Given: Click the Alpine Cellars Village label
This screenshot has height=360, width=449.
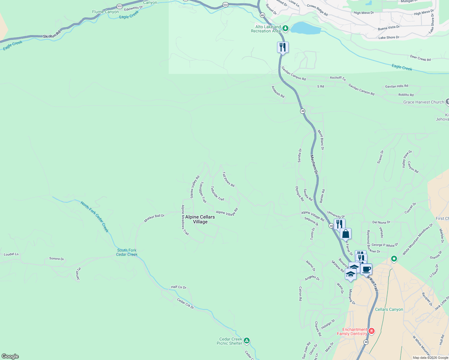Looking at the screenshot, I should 200,219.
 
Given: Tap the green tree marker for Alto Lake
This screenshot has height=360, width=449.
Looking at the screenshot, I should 285,28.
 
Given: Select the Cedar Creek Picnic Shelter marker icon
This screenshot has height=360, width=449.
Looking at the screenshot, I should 246,340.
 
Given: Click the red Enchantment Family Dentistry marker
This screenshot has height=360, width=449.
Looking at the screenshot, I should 372,331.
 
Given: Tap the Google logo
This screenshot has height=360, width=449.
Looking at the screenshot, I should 10,356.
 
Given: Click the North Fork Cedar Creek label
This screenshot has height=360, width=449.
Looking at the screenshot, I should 95,217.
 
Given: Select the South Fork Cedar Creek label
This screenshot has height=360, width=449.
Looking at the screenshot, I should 127,252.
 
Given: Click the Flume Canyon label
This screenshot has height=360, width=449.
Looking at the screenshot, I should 105,12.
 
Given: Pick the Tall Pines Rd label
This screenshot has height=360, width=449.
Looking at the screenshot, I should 228,179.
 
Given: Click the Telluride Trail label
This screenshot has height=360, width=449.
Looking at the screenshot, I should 217,193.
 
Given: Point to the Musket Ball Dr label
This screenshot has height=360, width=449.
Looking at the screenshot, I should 154,218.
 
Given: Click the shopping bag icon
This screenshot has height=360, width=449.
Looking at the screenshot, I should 345,233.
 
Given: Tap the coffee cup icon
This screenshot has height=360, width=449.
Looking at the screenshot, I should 366,269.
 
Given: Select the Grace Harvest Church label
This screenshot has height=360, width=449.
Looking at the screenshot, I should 423,102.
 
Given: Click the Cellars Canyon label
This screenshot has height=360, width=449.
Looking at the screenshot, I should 389,310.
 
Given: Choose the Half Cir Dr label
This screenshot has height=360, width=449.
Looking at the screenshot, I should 179,287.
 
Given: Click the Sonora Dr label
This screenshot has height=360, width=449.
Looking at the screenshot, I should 56,259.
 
